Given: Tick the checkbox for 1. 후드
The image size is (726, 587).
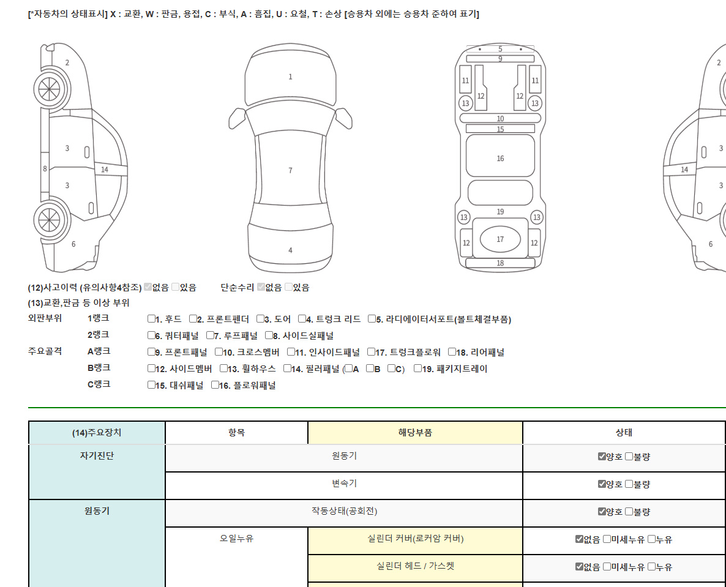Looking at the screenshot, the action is pyautogui.click(x=151, y=318).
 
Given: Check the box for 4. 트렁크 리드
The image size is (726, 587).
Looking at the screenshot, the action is pyautogui.click(x=302, y=318).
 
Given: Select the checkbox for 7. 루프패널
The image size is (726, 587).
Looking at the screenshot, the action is pyautogui.click(x=210, y=335).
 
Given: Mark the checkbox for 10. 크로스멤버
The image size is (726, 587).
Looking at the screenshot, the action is pyautogui.click(x=219, y=352).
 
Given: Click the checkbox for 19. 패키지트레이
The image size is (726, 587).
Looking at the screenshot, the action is pyautogui.click(x=417, y=368).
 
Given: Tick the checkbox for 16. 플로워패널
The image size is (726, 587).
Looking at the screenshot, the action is pyautogui.click(x=215, y=384).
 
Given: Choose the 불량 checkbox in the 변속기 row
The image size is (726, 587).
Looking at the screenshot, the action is pyautogui.click(x=629, y=484).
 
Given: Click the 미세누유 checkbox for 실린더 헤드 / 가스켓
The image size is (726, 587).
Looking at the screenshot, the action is pyautogui.click(x=607, y=566).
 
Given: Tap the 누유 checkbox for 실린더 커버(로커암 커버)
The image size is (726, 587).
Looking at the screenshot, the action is pyautogui.click(x=651, y=539).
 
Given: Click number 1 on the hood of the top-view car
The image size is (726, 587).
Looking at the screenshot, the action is pyautogui.click(x=290, y=77).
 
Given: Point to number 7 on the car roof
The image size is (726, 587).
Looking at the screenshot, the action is pyautogui.click(x=290, y=170).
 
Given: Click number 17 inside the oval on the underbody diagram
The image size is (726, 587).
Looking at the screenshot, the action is pyautogui.click(x=500, y=239).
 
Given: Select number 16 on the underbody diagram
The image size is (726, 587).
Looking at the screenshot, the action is pyautogui.click(x=501, y=159).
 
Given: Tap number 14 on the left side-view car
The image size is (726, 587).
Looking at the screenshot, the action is pyautogui.click(x=105, y=170).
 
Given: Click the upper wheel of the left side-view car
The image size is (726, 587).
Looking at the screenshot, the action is pyautogui.click(x=50, y=89).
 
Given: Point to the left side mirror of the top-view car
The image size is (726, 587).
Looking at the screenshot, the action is pyautogui.click(x=237, y=119).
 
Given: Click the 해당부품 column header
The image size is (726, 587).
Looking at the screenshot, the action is pyautogui.click(x=415, y=432).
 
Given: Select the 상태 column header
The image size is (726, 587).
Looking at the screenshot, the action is pyautogui.click(x=624, y=432).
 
